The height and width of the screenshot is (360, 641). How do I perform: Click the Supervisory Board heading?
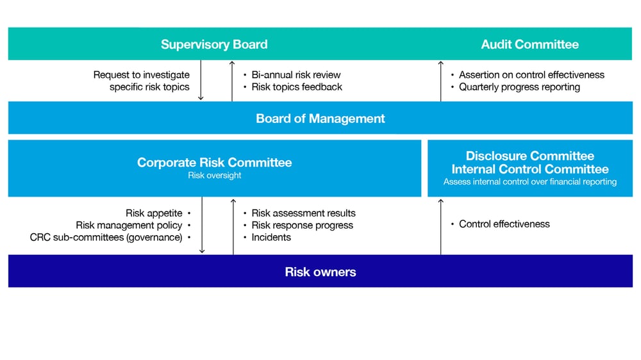pos(214,44)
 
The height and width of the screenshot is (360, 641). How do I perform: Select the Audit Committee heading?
pos(529,44)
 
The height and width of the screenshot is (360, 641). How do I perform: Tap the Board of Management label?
pos(320,119)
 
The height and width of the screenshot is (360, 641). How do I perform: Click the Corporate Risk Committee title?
pos(214,162)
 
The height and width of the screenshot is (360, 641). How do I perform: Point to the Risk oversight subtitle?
pos(214,176)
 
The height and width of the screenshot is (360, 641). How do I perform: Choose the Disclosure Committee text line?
pos(529,156)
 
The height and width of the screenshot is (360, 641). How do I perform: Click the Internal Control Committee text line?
pos(529,169)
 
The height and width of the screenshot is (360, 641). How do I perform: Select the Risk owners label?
pos(320,272)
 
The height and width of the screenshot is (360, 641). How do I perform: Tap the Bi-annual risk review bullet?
pos(296,74)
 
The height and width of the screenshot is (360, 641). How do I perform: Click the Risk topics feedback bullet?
pos(297,86)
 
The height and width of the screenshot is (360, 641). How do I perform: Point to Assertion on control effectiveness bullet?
pos(531,74)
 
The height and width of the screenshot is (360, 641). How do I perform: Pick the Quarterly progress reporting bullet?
pos(519,86)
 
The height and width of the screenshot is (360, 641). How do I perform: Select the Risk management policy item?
pos(129,225)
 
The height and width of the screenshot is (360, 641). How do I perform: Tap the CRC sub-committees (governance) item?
pos(106,237)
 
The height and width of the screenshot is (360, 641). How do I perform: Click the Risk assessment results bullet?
pos(303,213)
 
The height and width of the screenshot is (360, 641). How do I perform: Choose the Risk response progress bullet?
pos(302,225)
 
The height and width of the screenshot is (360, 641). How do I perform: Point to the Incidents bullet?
pos(271,237)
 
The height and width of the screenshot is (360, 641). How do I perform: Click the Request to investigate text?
pos(142,74)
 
